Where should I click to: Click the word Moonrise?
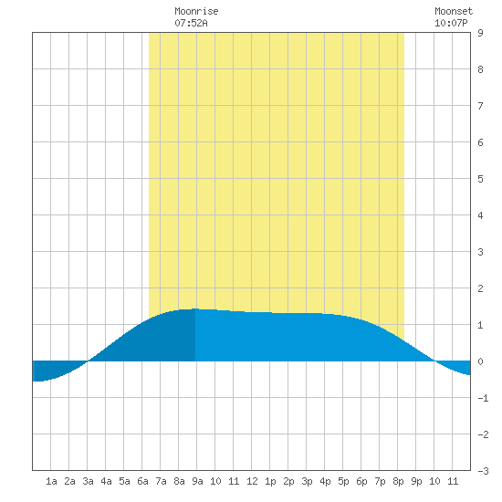196,11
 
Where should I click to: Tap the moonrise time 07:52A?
191,23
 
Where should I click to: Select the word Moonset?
454,11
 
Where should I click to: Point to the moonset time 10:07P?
451,23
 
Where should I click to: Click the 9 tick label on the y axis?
480,33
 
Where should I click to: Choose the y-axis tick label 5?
480,179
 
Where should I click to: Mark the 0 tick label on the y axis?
480,361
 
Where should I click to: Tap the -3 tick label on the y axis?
483,471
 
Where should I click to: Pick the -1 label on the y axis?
483,398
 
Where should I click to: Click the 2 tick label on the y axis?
480,288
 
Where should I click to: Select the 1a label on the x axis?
51,481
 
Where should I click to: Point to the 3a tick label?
88,481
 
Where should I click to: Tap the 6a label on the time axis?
142,481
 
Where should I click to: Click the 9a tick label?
197,481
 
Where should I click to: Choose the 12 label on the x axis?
252,481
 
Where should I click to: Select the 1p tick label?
270,481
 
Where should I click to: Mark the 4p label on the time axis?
325,481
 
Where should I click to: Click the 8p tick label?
398,481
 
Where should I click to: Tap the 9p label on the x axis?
416,481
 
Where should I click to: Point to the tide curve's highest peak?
195,309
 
